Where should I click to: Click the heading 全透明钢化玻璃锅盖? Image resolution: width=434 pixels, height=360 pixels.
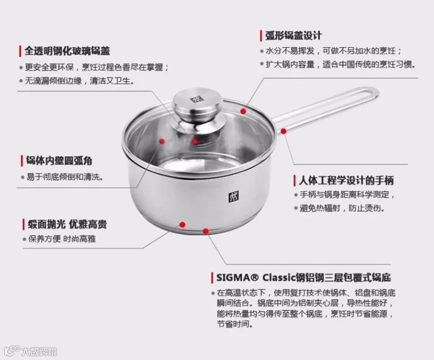[x=67, y=51]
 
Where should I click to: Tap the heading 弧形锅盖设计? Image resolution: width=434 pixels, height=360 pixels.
[x=294, y=36]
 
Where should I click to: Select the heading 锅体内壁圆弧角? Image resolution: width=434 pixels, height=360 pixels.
[x=59, y=161]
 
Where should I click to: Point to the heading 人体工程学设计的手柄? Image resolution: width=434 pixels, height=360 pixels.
[x=347, y=181]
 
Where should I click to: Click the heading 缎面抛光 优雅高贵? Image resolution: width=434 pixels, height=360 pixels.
[x=67, y=224]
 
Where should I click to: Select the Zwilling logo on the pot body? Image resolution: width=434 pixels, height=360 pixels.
[x=233, y=196]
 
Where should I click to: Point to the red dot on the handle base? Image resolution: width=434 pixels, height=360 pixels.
[x=283, y=131]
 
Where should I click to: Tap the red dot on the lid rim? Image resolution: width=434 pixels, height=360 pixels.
[x=243, y=111]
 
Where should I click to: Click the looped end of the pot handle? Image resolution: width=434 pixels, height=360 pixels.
[x=372, y=93]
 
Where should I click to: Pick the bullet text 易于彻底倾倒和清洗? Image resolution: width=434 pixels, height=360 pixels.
[x=65, y=177]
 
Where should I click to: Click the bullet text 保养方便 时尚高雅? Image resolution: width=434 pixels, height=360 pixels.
[x=62, y=239]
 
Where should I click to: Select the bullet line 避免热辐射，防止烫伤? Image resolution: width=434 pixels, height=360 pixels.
[x=342, y=208]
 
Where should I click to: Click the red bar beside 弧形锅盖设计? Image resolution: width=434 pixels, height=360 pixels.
[x=261, y=36]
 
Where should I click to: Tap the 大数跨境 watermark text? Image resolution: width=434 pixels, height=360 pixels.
[x=39, y=351]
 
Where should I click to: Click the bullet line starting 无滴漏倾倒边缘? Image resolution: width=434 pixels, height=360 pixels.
[x=80, y=81]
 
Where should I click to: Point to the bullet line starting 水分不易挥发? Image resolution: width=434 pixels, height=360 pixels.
[x=333, y=51]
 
